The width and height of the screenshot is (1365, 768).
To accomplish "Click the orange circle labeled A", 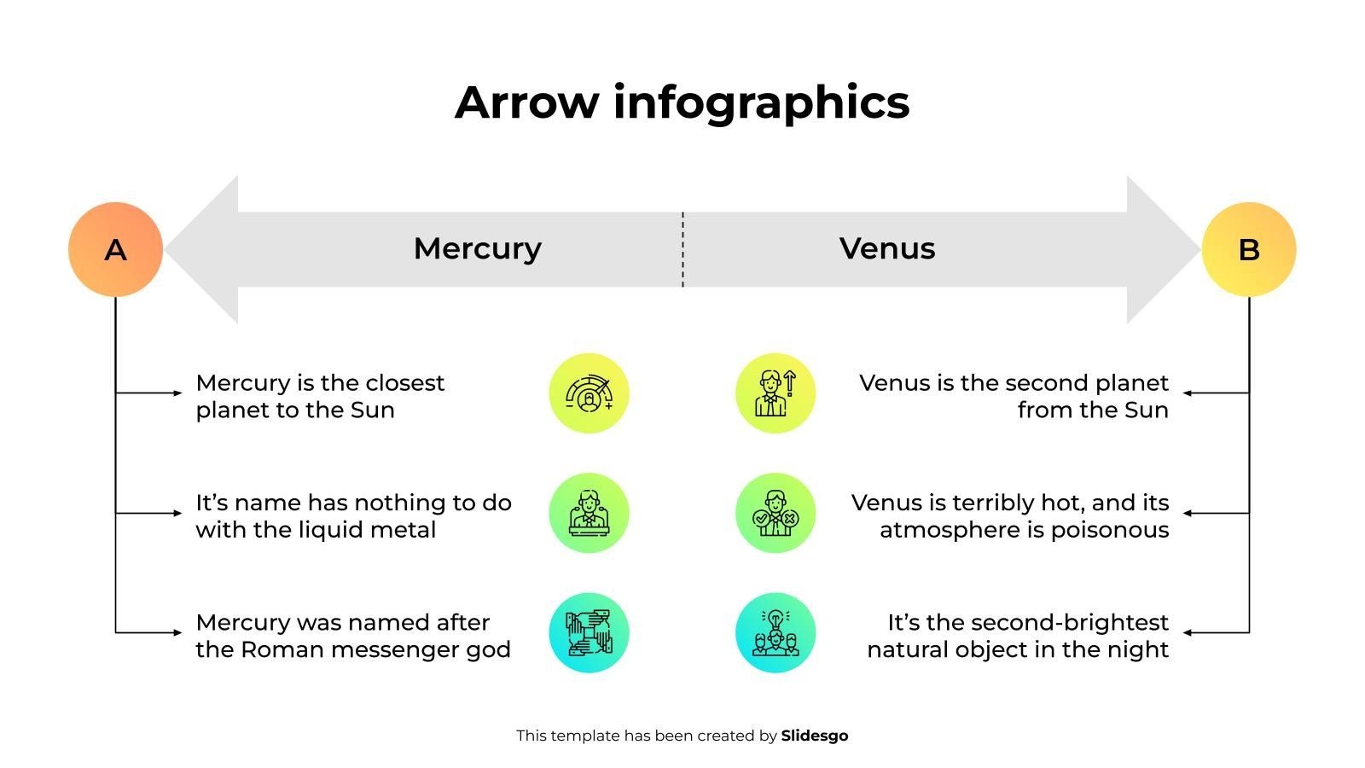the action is click(x=116, y=249).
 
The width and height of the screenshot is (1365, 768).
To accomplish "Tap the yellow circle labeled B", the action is click(x=1249, y=249).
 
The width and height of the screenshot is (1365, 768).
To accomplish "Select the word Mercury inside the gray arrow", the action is click(x=477, y=249).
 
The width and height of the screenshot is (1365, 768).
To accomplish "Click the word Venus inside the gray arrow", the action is click(x=886, y=248).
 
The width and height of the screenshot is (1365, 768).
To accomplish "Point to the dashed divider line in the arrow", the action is click(x=682, y=249).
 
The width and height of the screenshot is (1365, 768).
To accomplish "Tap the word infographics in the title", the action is click(x=761, y=103).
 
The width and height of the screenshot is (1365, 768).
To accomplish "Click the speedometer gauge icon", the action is click(x=589, y=393).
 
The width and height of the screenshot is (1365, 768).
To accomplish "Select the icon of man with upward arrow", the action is click(x=775, y=393).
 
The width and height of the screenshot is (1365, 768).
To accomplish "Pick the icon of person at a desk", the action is click(x=589, y=513).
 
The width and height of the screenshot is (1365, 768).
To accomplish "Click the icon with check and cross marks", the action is click(x=775, y=513).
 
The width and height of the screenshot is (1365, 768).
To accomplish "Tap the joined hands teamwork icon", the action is click(x=589, y=632).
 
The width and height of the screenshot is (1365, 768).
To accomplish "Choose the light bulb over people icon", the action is click(x=775, y=632).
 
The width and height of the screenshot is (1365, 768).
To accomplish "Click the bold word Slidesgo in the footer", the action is click(x=814, y=736).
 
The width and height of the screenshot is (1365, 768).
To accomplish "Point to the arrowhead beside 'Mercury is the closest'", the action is click(x=178, y=393).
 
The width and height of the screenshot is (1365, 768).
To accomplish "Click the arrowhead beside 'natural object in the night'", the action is click(x=1187, y=632).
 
